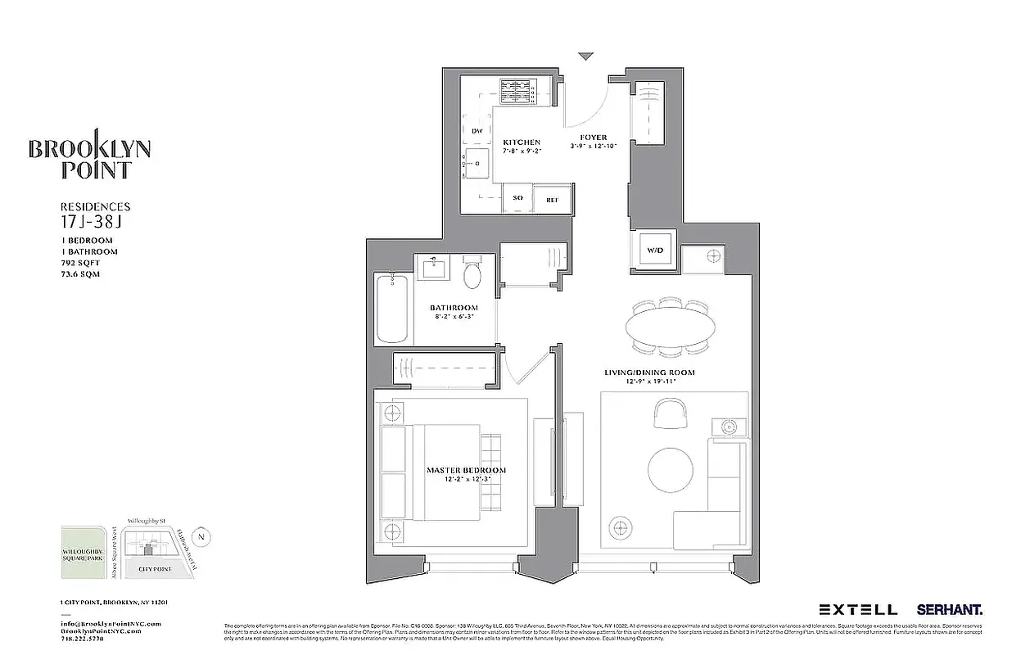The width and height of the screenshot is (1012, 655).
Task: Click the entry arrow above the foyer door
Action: click(585, 56)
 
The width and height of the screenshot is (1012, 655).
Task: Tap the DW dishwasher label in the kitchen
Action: click(477, 131)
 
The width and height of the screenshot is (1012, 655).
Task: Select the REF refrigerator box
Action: click(552, 198)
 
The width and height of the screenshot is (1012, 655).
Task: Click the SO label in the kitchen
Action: click(517, 198)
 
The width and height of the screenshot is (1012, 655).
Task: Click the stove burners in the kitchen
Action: click(517, 87)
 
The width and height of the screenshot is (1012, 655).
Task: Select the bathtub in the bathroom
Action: click(393, 309)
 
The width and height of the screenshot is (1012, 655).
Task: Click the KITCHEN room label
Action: click(522, 142)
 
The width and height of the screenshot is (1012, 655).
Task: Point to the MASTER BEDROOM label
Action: click(466, 470)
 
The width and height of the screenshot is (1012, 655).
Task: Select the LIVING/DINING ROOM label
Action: click(649, 373)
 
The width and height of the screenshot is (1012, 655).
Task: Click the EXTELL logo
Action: click(858, 609)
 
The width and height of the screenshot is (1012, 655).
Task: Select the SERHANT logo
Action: click(950, 609)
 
